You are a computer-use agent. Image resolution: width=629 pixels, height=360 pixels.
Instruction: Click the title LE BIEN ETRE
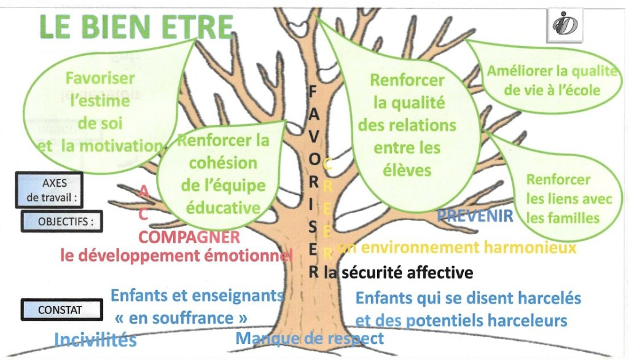point(136,26)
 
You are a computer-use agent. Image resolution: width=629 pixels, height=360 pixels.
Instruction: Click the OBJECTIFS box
point(61,222)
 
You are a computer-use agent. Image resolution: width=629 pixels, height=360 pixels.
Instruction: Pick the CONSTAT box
point(60,310)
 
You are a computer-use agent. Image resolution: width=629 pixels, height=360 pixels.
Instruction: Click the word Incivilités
point(95,340)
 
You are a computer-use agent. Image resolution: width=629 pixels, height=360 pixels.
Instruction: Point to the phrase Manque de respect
point(310,338)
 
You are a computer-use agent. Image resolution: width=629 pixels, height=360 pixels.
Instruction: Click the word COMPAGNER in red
point(189,237)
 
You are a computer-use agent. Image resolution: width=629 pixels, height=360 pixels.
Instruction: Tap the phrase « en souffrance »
point(181,318)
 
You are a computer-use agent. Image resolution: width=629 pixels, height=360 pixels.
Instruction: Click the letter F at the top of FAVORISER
point(312,90)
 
